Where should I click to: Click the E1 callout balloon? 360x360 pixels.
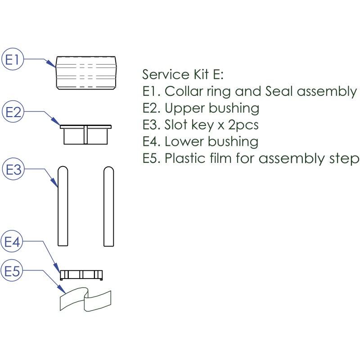[x=13, y=60]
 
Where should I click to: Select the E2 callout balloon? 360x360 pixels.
[x=13, y=112]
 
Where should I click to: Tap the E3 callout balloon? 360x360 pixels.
[x=13, y=170]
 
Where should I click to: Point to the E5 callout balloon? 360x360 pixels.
[x=13, y=271]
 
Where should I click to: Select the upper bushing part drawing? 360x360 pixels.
[x=85, y=134]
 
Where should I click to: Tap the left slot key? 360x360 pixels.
[x=63, y=207]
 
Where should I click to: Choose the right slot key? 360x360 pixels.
[x=108, y=207]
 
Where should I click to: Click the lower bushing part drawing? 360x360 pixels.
[x=82, y=274]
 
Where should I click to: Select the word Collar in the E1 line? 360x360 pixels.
[x=182, y=91]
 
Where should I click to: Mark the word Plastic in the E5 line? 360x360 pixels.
[x=184, y=159]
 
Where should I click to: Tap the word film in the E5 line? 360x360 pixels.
[x=223, y=159]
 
